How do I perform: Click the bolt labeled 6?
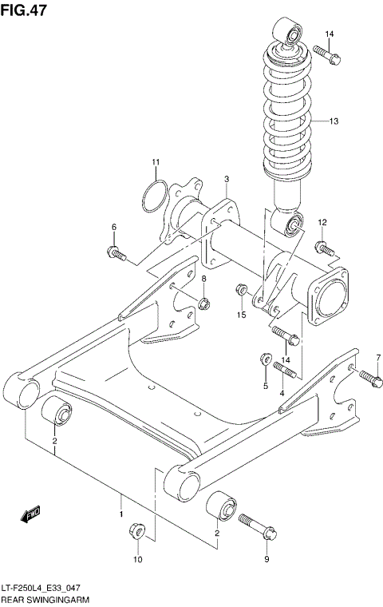click(116, 254)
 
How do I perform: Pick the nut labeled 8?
click(203, 303)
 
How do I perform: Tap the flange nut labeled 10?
click(136, 531)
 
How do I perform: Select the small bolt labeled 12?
click(322, 246)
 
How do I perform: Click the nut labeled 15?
click(241, 289)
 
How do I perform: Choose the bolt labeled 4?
click(284, 368)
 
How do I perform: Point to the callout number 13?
click(334, 121)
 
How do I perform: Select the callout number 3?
click(227, 179)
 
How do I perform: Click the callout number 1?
click(120, 504)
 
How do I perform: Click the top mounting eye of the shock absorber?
click(290, 34)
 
